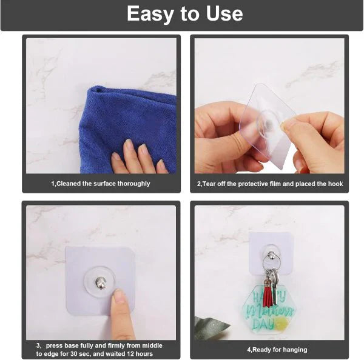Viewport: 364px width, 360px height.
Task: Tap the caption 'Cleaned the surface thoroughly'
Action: coord(100,183)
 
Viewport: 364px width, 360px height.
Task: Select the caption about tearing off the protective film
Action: coord(270,183)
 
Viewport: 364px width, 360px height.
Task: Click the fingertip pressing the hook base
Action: coord(120,296)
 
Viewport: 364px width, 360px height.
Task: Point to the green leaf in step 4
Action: coord(211,328)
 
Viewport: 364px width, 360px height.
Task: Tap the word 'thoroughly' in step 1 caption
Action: coord(133,183)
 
